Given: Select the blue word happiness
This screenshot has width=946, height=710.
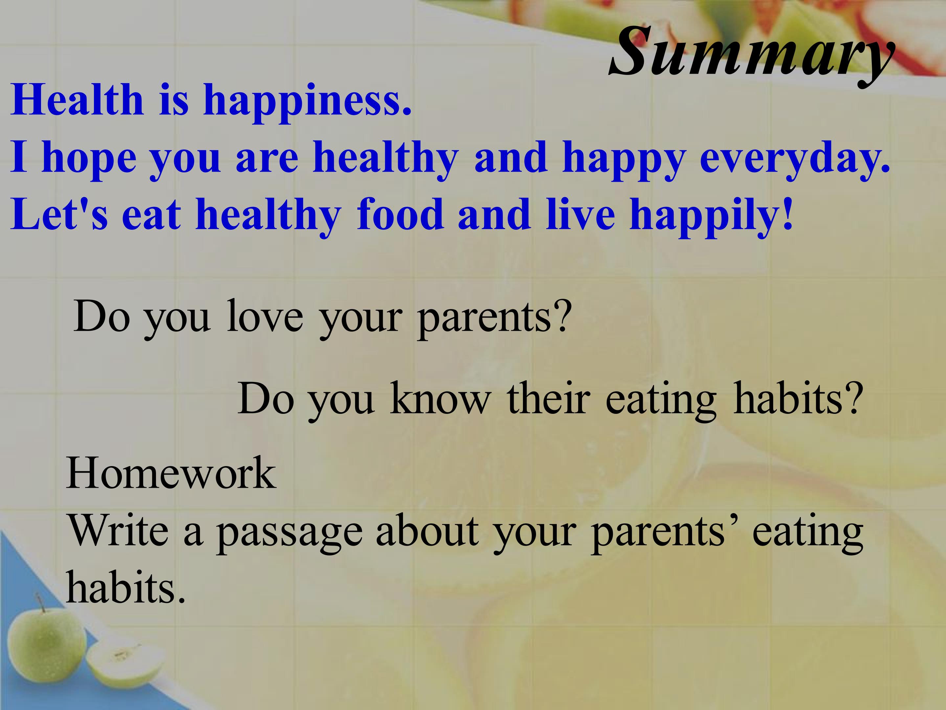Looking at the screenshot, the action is click(x=307, y=104).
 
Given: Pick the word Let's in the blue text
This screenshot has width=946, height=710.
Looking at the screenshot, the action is click(x=59, y=214).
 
